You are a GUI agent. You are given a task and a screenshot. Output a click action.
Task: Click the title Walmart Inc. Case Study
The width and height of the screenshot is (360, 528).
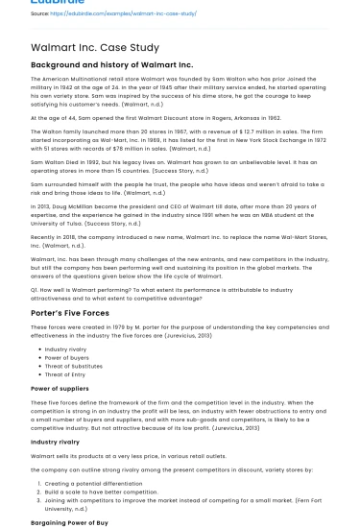[x=95, y=47]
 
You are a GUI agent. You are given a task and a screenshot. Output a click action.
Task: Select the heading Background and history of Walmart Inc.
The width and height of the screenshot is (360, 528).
[x=111, y=65]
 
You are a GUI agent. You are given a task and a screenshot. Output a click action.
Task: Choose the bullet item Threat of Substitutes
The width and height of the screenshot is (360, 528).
[x=73, y=365]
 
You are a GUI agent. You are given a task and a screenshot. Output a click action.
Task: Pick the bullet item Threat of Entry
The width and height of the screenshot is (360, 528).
[x=64, y=373]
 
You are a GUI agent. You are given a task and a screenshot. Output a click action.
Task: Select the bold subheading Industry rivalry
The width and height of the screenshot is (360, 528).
[x=55, y=442]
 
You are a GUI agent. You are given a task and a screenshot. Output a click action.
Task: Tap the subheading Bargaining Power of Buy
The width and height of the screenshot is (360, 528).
[x=69, y=522]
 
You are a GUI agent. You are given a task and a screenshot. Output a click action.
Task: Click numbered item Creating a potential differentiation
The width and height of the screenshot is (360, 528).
[x=93, y=484]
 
